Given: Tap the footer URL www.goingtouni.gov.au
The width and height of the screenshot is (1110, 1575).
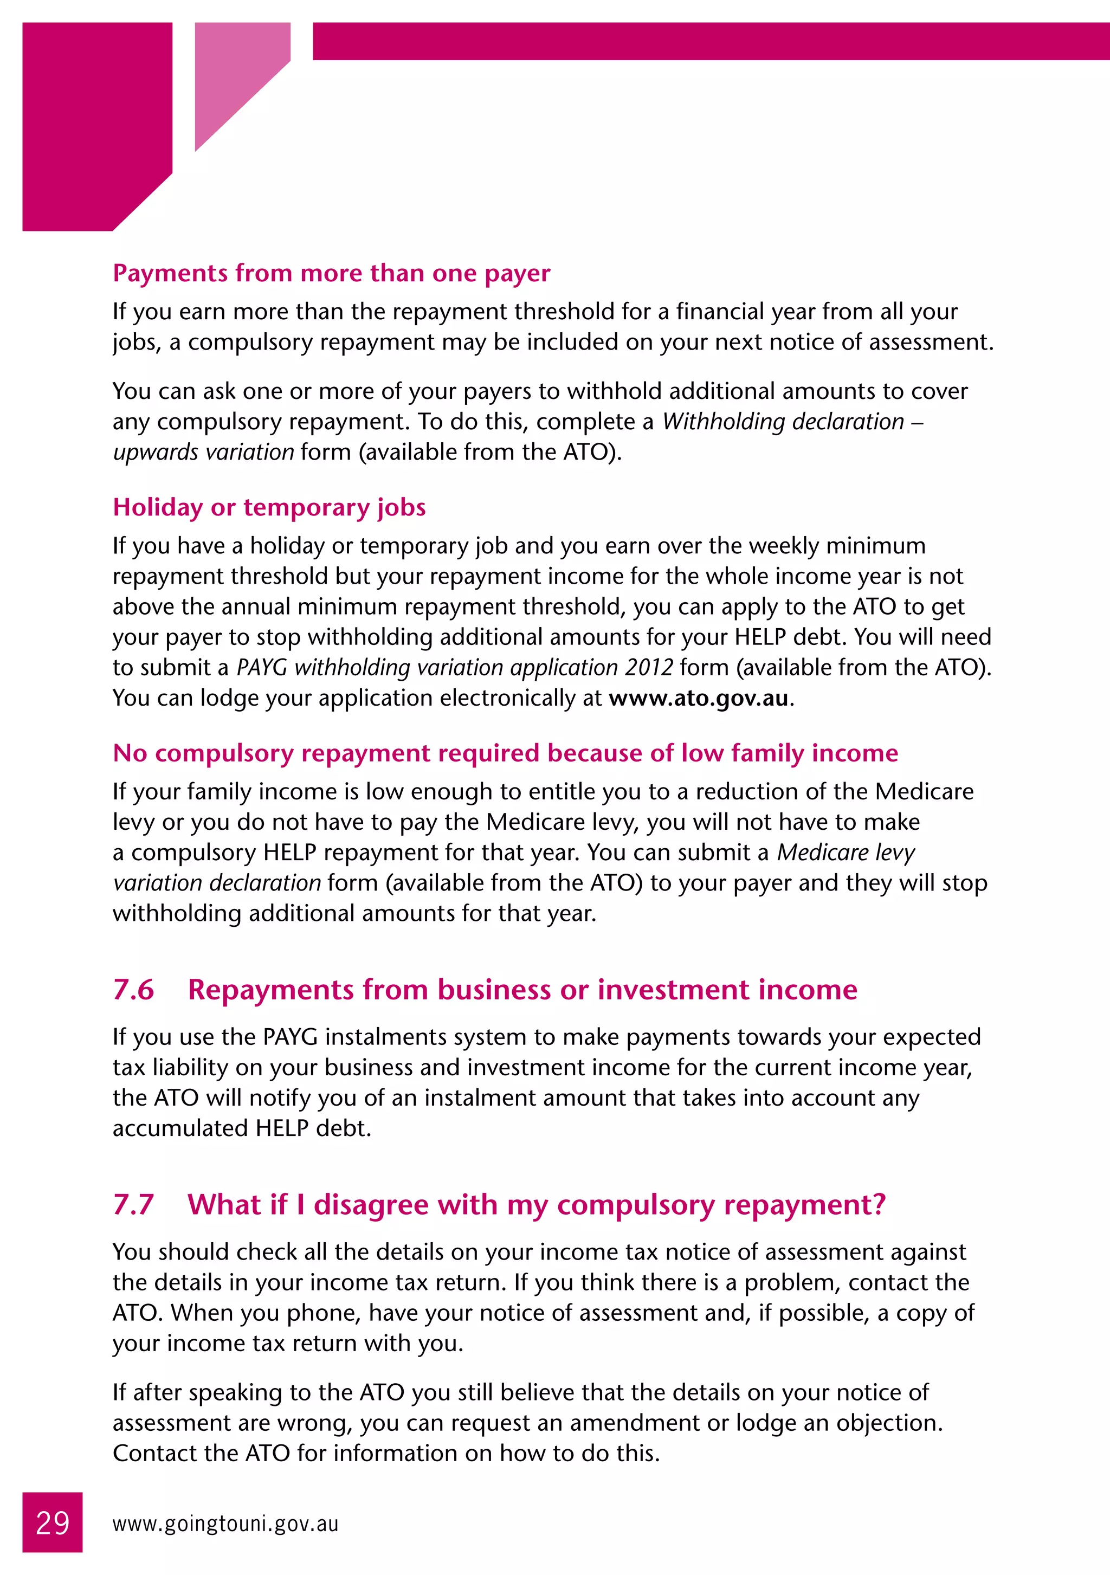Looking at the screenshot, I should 225,1524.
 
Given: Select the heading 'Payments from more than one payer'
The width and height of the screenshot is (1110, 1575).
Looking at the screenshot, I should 331,273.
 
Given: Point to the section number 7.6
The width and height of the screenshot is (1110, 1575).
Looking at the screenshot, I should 133,990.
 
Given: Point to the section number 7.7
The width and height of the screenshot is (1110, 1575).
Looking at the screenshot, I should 133,1205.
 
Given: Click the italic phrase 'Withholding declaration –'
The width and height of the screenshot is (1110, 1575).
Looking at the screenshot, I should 792,421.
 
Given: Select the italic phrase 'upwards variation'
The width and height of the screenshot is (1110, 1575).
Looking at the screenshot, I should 203,452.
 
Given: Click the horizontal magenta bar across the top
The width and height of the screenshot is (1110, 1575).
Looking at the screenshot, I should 710,41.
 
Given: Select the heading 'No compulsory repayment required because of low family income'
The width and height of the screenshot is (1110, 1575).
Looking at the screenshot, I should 505,753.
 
